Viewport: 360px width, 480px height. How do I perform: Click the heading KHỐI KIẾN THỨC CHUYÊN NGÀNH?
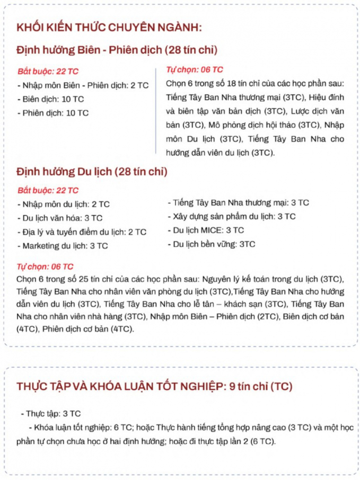(109, 28)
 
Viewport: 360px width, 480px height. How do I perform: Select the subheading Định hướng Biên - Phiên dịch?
(117, 50)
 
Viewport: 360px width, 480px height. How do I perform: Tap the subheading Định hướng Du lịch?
(92, 172)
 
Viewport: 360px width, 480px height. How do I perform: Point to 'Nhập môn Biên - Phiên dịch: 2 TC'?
(83, 85)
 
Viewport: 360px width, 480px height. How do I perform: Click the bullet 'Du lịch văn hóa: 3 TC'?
(60, 218)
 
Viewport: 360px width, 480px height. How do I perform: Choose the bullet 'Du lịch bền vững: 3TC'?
(211, 244)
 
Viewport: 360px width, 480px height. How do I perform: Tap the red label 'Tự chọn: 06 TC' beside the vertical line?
(195, 69)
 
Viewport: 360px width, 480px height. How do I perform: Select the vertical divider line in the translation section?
(156, 111)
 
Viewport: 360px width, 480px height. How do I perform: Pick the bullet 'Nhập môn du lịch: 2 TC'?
(64, 204)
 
